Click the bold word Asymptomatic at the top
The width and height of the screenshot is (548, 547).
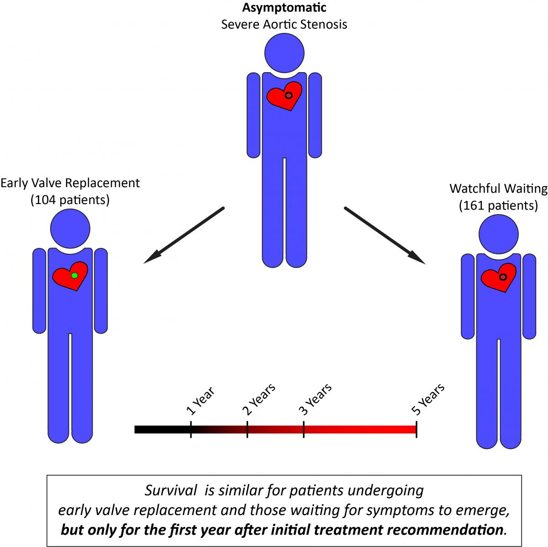coord(284,8)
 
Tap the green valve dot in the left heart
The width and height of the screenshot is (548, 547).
coord(74,275)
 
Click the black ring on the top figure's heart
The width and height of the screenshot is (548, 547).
coord(288,95)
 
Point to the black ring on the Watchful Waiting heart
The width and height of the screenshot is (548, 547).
coord(503,277)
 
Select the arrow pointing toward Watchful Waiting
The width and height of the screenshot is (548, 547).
coord(385,236)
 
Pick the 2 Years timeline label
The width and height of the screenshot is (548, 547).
coord(258,399)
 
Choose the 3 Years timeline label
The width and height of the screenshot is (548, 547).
coord(315,399)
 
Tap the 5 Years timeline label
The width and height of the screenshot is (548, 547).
coord(428,399)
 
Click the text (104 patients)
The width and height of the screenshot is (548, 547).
coord(70,200)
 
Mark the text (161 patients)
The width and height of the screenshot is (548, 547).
coord(498,205)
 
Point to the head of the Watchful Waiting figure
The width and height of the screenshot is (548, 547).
coord(498,234)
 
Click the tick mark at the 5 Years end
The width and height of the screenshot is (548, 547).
coord(416,429)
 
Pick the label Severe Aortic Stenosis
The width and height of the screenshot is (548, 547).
coord(284,24)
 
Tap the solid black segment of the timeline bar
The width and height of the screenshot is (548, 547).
coord(162,429)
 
